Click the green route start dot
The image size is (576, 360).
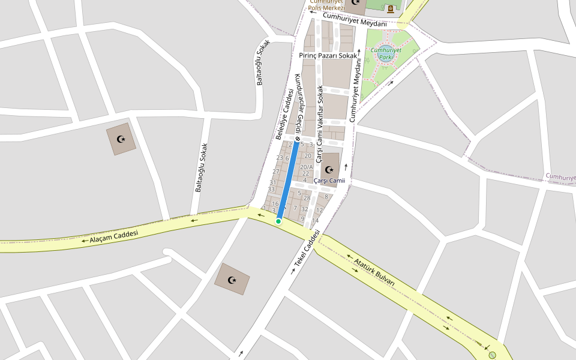[278, 221]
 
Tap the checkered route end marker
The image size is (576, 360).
[297, 139]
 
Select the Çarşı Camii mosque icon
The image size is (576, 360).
[329, 169]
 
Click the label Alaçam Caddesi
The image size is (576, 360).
[114, 236]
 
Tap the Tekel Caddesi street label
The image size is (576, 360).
[305, 249]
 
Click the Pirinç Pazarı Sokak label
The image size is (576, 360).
[328, 55]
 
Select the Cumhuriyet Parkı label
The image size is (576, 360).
[382, 53]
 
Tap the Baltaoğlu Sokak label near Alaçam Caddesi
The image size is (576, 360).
[200, 167]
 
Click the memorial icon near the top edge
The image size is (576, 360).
[391, 9]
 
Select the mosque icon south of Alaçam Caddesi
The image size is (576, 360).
[232, 280]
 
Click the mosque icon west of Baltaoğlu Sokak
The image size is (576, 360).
[121, 140]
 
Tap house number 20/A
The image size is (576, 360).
[307, 167]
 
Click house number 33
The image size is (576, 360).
[271, 189]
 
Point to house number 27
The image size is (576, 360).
[276, 172]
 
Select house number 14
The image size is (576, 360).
[315, 220]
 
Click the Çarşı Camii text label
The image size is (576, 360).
[329, 181]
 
